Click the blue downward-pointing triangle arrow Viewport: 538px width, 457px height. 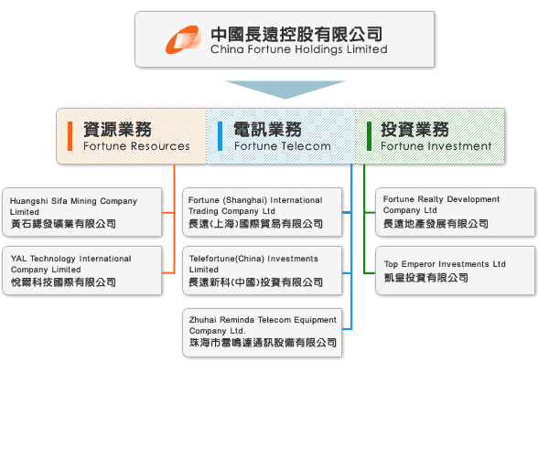tap(285, 90)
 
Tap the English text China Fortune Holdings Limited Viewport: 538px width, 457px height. tap(299, 49)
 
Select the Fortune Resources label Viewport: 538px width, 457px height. tap(136, 146)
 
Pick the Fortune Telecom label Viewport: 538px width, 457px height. tap(283, 146)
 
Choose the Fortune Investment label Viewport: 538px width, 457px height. tap(436, 146)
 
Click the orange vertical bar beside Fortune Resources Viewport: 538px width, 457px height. tap(70, 136)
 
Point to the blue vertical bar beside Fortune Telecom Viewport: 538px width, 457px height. tap(220, 136)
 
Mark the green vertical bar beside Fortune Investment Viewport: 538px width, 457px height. tap(370, 136)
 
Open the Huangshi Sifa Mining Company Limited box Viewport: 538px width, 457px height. tap(82, 212)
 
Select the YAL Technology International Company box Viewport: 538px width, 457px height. tap(82, 271)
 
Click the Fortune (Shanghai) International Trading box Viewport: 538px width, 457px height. tap(262, 212)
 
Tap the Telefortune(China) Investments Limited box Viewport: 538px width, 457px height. tap(262, 271)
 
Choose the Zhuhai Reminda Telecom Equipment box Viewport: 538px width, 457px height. tap(262, 333)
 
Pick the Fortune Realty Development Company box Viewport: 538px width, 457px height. tap(456, 212)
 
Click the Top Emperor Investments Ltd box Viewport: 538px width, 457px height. tap(456, 271)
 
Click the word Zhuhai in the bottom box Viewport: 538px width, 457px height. tap(203, 320)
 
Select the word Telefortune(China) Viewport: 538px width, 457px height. tap(227, 259)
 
